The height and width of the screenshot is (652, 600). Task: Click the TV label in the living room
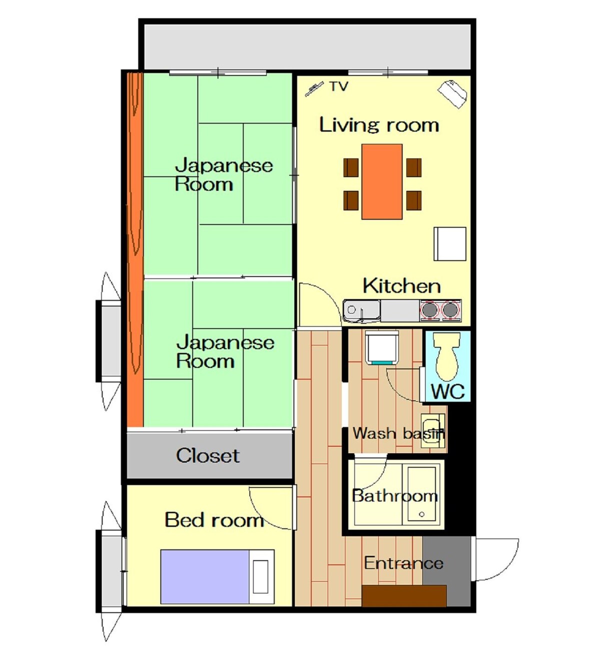(338, 86)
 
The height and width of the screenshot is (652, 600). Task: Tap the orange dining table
(382, 181)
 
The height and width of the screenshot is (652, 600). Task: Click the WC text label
(448, 391)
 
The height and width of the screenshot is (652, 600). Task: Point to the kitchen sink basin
(361, 311)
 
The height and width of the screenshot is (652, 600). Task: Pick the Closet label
(207, 455)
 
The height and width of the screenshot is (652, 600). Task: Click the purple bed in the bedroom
(217, 576)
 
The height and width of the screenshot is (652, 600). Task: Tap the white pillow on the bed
(260, 576)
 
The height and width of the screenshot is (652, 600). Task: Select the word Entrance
(403, 563)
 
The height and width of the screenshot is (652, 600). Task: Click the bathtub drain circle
(422, 514)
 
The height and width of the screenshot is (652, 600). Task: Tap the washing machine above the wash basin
(382, 347)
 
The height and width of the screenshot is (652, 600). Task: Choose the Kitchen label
(401, 286)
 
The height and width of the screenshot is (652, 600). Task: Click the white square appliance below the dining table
(450, 244)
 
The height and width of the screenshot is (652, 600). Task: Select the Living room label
(379, 124)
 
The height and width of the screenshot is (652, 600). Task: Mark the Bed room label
(214, 519)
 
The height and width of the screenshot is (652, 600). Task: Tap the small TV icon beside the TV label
(314, 88)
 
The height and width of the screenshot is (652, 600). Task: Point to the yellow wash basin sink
(433, 430)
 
